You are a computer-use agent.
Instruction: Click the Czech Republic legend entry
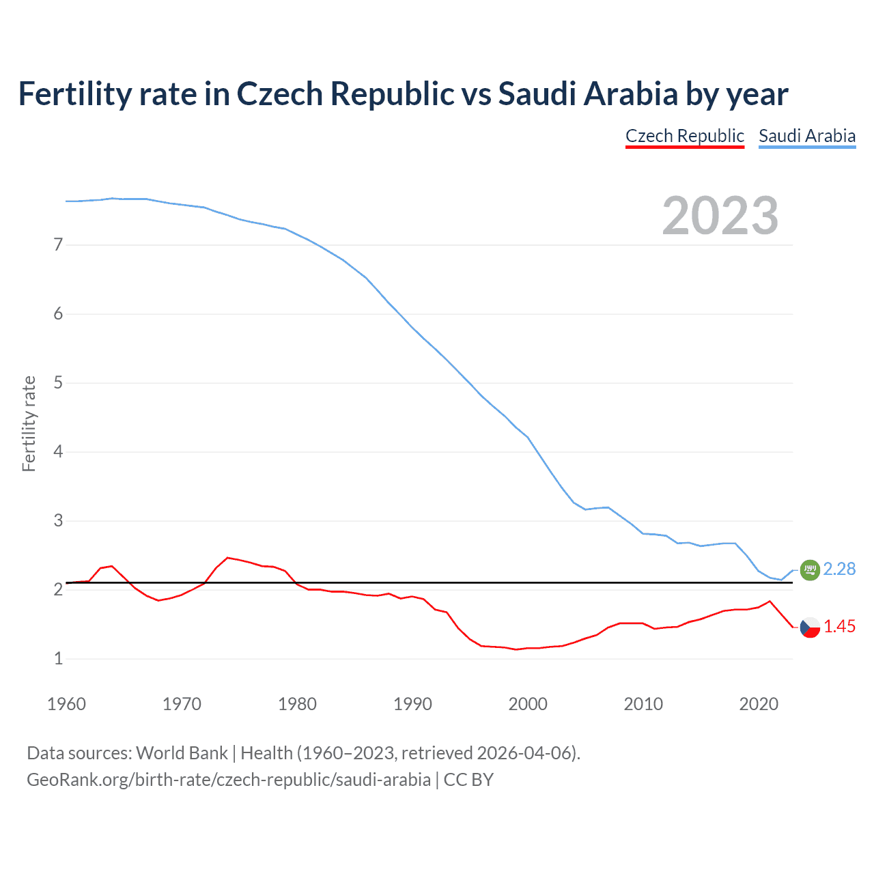pos(684,136)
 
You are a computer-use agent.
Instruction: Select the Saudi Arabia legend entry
pos(806,136)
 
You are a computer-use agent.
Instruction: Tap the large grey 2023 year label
pos(720,216)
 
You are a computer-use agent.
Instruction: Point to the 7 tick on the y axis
pos(58,244)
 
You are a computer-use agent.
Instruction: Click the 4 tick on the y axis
pos(58,451)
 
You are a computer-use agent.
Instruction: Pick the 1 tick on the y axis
pos(58,659)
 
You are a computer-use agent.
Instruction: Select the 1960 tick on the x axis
pos(66,704)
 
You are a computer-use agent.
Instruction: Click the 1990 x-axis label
pos(412,704)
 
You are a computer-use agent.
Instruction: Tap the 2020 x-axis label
pos(759,704)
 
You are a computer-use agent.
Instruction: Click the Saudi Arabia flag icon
pos(809,569)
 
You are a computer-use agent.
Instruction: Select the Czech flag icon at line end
pos(809,627)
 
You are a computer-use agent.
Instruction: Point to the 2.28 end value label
pos(839,569)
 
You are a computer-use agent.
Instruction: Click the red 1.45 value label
pos(839,627)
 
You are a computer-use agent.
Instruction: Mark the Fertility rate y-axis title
pos(29,423)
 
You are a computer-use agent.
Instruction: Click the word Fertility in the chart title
pos(74,94)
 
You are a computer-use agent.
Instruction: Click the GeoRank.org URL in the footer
pos(229,780)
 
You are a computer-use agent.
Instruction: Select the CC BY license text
pos(468,780)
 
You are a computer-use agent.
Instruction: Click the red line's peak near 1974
pos(228,558)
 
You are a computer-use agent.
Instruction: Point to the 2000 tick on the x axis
pos(528,704)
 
